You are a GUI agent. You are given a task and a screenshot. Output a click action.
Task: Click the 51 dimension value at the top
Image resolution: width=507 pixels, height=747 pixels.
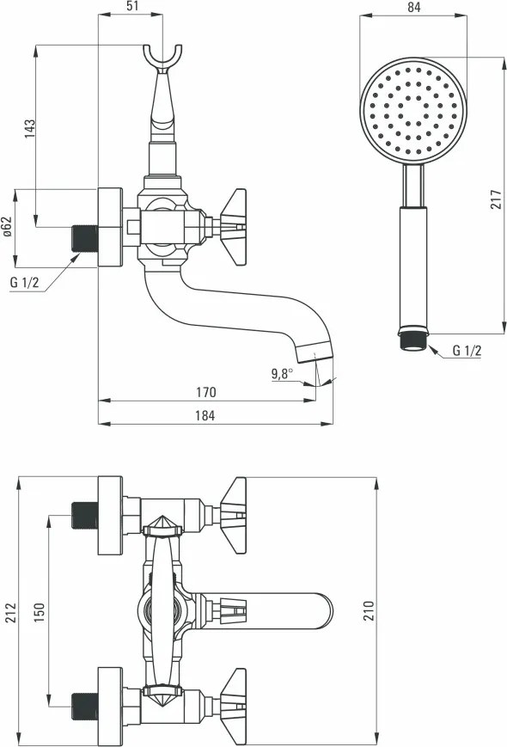(x=132, y=6)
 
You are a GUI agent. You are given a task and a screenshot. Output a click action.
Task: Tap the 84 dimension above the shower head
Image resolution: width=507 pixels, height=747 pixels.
(x=414, y=7)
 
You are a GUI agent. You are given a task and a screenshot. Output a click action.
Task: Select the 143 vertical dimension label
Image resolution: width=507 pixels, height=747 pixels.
(x=29, y=129)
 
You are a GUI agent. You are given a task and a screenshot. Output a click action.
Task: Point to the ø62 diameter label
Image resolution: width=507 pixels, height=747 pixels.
(x=7, y=227)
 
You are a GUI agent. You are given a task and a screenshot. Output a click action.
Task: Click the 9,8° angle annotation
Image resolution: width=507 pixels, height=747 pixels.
(x=283, y=373)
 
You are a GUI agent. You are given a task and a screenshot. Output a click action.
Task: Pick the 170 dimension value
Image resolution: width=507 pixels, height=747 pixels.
(x=205, y=392)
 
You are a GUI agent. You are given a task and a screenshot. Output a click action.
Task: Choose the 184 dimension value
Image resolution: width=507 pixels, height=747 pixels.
(x=205, y=415)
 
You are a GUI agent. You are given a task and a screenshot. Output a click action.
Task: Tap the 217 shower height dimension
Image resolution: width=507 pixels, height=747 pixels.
(x=496, y=199)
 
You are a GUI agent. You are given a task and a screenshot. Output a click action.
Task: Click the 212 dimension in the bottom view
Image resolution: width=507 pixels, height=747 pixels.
(x=10, y=612)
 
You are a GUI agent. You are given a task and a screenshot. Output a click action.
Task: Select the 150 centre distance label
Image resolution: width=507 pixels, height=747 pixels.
(x=39, y=612)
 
